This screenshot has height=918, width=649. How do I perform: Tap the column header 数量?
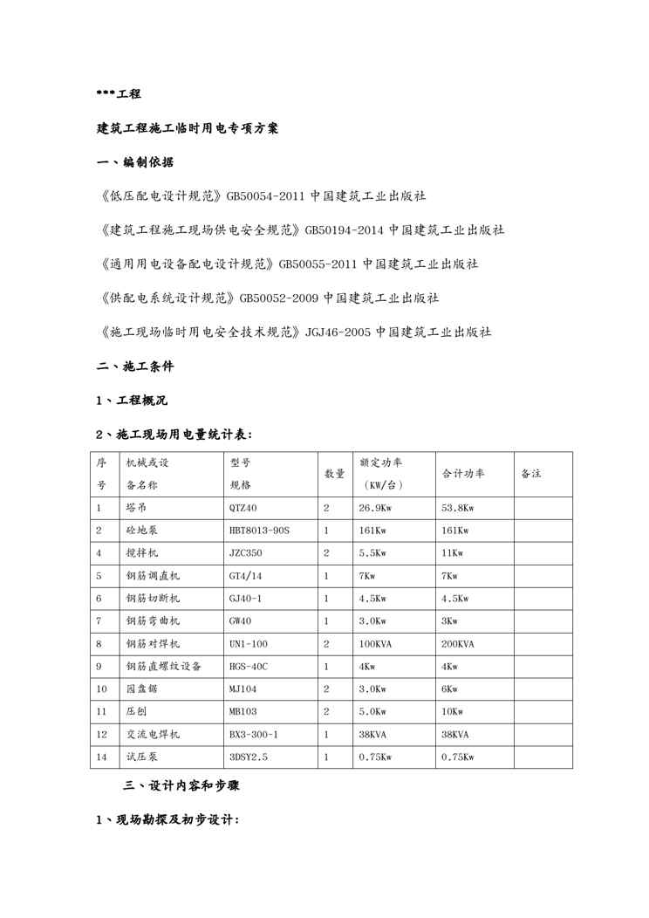click(x=334, y=474)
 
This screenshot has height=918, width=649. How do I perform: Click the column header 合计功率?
click(x=463, y=474)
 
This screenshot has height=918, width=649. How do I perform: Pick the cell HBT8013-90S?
click(x=259, y=531)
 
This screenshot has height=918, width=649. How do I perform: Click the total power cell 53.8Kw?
click(x=458, y=508)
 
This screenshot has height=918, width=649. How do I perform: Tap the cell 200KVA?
click(x=458, y=644)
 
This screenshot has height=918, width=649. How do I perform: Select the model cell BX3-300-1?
click(x=254, y=735)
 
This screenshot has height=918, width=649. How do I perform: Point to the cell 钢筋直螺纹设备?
click(x=164, y=667)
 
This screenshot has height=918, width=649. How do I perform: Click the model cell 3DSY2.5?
click(x=249, y=757)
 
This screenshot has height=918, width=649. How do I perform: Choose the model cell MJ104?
click(x=243, y=689)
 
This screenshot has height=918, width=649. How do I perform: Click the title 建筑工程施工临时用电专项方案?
click(x=187, y=127)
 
